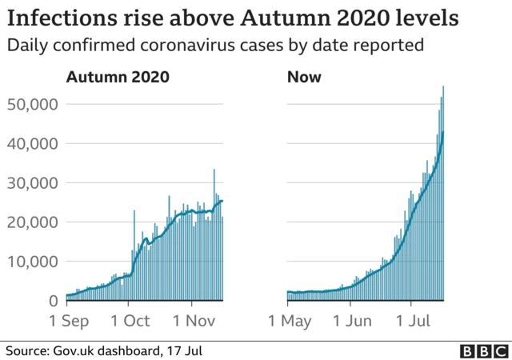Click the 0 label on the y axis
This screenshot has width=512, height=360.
coord(54,301)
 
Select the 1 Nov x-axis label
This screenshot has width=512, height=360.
coord(192,321)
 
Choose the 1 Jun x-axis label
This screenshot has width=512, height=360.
coord(350,321)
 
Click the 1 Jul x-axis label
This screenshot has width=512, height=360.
coord(410,321)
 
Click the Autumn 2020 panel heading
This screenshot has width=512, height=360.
coord(117,78)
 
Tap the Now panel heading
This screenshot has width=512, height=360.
coord(303,78)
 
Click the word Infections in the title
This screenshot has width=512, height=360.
coord(54,18)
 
